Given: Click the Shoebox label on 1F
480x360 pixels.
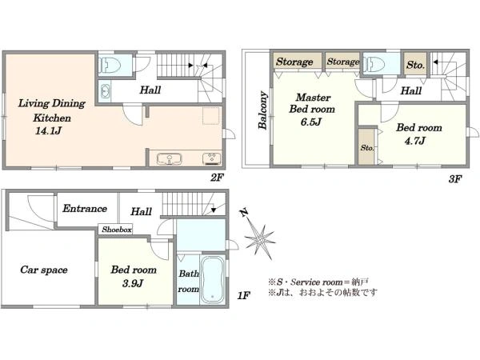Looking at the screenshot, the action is point(117,230).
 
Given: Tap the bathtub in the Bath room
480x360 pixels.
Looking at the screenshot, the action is point(213,279).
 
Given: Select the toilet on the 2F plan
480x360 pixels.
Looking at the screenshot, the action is point(110,66).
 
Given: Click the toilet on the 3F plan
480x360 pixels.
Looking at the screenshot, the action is point(374,64).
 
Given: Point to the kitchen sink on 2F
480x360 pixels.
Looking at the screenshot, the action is point(170,159).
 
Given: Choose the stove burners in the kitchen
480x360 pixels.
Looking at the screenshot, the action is point(211,159).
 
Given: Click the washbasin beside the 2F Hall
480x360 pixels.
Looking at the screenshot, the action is point(105,91).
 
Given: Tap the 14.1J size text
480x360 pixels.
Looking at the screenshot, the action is point(48,131).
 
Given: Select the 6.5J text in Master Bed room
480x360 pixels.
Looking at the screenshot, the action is point(310,122).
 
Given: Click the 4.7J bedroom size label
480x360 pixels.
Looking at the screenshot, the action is point(414,141).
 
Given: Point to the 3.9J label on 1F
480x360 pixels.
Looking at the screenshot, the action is point(133,283).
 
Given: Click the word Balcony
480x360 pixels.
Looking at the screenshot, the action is point(262,110).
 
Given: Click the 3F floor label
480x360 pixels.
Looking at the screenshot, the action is point(455,178).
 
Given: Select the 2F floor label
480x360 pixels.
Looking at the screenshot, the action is point(217,178).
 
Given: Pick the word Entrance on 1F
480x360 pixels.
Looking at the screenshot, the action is point(85,209).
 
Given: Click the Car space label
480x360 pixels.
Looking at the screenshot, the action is point(44,270).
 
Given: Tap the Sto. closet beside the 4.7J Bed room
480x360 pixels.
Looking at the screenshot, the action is point(366,147).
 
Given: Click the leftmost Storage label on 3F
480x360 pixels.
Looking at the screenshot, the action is point(294,62).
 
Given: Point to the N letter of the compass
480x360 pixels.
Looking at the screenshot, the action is point(243,213).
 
